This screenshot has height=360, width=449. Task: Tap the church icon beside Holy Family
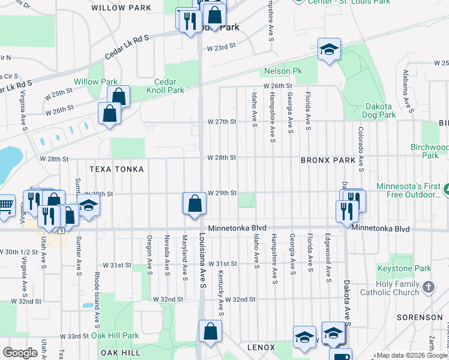pos(428,287)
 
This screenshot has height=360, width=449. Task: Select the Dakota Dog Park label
pos(381,110)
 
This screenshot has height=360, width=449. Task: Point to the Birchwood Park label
pos(430,151)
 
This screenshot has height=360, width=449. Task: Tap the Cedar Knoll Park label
pos(165,86)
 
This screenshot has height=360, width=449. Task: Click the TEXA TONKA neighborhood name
pos(116,169)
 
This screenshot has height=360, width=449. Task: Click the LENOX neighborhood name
pos(261,347)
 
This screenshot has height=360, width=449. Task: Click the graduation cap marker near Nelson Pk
pos(329,50)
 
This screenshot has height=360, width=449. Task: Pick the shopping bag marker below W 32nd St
pos(210,331)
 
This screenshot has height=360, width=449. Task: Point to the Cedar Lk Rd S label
pos(126,46)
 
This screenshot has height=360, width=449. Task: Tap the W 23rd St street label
pos(221,47)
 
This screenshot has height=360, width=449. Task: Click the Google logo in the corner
pos(20,353)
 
